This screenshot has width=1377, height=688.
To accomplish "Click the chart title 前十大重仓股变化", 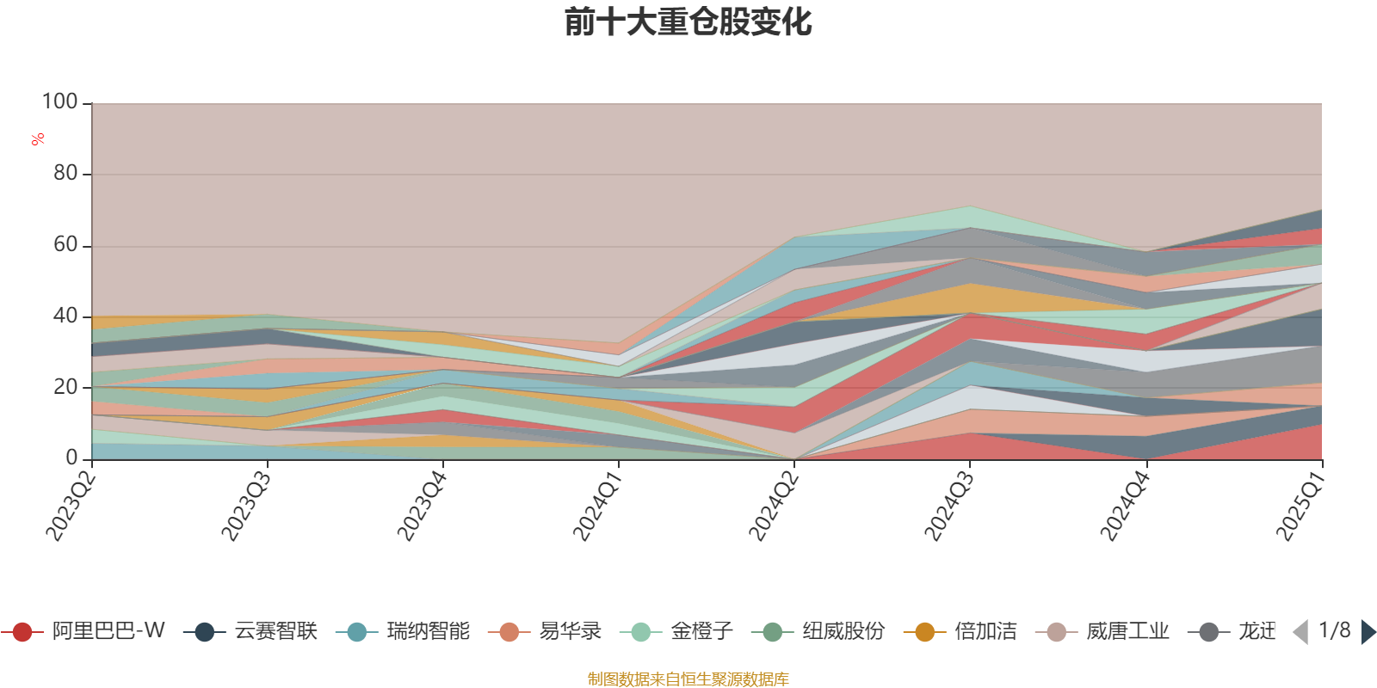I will tap(688, 22).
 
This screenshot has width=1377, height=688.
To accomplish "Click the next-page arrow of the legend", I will tap(1368, 632).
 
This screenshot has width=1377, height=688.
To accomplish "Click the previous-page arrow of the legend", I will tap(1300, 632).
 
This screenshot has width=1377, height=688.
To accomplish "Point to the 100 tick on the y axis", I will tap(60, 102).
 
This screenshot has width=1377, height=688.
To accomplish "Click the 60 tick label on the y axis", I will tap(65, 245).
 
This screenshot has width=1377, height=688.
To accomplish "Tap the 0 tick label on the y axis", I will tap(72, 458).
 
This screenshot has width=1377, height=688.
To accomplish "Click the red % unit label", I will tap(38, 139).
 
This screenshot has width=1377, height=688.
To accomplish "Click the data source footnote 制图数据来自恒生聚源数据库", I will tap(688, 679).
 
